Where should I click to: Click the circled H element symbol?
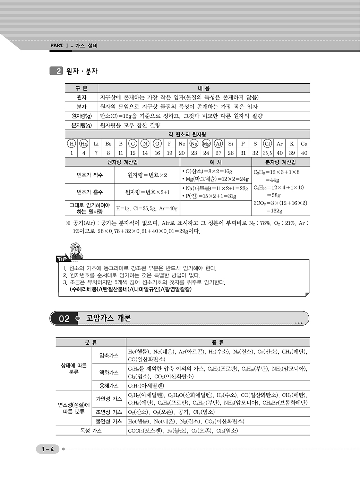[71, 144]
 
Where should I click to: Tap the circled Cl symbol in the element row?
[267, 144]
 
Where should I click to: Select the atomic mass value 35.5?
[267, 153]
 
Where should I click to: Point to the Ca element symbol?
[304, 144]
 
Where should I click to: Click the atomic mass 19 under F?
[170, 153]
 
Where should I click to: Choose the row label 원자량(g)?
[82, 116]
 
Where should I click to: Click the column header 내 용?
[204, 88]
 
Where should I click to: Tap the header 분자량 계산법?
[280, 162]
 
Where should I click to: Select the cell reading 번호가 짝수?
[89, 175]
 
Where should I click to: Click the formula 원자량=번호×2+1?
[147, 192]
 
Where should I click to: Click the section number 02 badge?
[64, 319]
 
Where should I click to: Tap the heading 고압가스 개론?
[109, 318]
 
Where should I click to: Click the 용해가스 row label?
[109, 386]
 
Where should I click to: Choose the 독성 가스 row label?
[91, 431]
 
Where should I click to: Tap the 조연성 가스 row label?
[109, 412]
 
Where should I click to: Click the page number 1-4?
[48, 449]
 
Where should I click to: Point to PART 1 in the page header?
[59, 45]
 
